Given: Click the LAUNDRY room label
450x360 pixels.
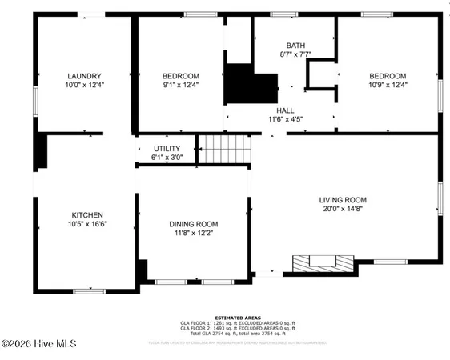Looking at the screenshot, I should pos(84,75).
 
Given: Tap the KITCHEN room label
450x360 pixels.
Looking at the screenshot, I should pos(87,215).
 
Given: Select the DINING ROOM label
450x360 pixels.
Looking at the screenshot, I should pos(193,225).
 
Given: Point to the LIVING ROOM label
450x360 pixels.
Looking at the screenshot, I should pos(343,200).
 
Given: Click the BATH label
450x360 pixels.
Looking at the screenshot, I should pos(295,46).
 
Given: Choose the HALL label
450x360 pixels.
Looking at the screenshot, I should pos(285,110).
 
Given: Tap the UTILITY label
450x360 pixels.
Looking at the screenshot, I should pos(167,149).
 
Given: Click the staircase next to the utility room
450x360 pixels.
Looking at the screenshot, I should pos(225,150).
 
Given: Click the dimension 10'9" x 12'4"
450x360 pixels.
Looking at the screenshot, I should pos(388,84).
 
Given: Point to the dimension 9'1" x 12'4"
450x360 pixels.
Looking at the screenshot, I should pos(180,84).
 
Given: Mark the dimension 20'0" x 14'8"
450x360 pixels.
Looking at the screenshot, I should pos(343,209).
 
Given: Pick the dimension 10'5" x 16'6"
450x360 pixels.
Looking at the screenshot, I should pos(87,224).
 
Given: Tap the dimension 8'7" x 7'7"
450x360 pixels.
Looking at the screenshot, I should pos(295,55).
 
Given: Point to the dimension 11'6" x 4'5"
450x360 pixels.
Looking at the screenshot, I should pos(285,119).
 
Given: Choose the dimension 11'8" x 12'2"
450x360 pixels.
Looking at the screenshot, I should pos(193,234).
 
